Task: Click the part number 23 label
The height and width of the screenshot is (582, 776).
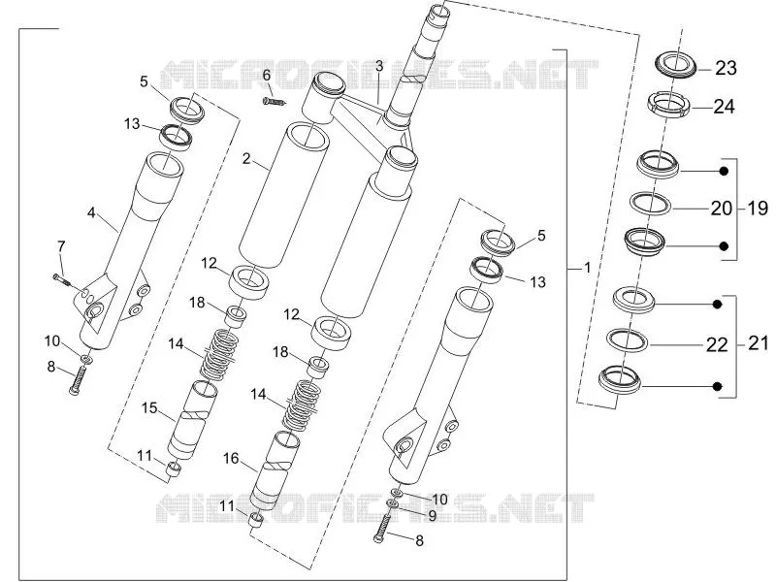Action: coord(726,68)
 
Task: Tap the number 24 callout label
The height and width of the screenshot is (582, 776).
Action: coord(724,107)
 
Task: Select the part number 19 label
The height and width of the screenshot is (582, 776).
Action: coord(758,209)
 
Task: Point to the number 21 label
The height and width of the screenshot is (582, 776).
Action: coord(758,342)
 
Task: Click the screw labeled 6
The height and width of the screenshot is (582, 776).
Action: coord(274,102)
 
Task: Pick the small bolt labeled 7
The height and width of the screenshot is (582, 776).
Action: coord(61,279)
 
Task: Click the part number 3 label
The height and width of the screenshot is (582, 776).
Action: coord(379,66)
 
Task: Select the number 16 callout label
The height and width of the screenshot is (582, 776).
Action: coord(231,459)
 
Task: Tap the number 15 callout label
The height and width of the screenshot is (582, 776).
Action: coord(149,408)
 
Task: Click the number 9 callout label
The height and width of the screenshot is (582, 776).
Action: coord(432,516)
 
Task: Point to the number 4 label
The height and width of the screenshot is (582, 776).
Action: coord(91,212)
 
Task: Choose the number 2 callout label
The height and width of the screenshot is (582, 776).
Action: coord(246,158)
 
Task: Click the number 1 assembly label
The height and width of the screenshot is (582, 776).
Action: coord(588,268)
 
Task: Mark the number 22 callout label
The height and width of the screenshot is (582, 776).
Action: coord(717,344)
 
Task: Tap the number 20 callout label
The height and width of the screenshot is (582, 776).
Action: coord(721,209)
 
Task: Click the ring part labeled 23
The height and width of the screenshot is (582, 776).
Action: coord(676,65)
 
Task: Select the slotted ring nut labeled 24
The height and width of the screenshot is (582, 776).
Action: coord(668,105)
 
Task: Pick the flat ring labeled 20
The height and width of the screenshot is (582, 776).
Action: coord(650,204)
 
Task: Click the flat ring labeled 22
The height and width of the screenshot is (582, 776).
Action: coord(628,339)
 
